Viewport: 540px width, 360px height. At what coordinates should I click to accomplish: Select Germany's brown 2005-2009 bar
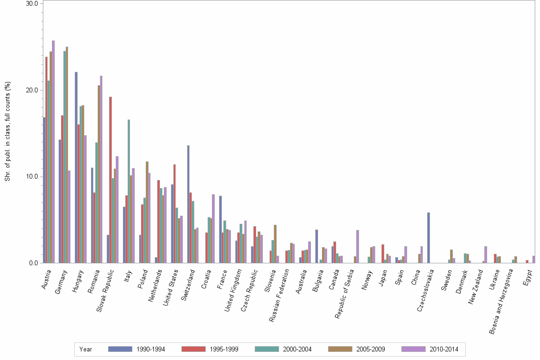[x=67, y=155]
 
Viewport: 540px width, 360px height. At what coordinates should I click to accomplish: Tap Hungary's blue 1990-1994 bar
[x=76, y=167]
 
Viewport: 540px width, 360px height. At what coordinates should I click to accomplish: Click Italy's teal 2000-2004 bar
[x=129, y=191]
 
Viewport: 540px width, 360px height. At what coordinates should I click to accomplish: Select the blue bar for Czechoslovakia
[x=429, y=238]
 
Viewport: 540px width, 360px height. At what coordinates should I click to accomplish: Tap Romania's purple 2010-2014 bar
[x=101, y=169]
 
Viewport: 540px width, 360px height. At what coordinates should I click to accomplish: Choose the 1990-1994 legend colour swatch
[x=120, y=349]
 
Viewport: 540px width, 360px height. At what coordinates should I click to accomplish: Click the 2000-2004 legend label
[x=297, y=349]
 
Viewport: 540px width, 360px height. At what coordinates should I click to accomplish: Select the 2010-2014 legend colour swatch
[x=414, y=349]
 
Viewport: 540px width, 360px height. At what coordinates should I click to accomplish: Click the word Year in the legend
[x=86, y=349]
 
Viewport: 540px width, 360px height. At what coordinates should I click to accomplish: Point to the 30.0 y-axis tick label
[x=31, y=4]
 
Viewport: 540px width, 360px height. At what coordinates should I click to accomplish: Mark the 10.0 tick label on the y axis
[x=31, y=177]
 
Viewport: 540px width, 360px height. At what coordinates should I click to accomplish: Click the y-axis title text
[x=7, y=132]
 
